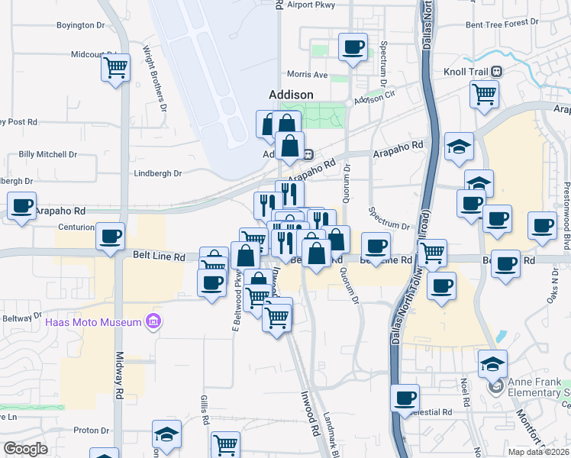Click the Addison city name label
pyautogui.click(x=291, y=94)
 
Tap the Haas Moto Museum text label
pyautogui.click(x=94, y=322)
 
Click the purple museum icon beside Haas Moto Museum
pyautogui.click(x=153, y=322)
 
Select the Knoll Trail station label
pyautogui.click(x=460, y=71)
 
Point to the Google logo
pyautogui.click(x=25, y=449)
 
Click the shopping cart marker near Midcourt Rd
pyautogui.click(x=115, y=68)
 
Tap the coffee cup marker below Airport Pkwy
pyautogui.click(x=353, y=47)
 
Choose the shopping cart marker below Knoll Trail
pyautogui.click(x=484, y=94)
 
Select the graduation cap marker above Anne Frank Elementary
pyautogui.click(x=492, y=363)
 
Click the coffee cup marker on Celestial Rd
pyautogui.click(x=405, y=397)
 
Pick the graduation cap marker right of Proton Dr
pyautogui.click(x=166, y=434)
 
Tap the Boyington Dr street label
pyautogui.click(x=80, y=25)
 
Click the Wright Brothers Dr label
pyautogui.click(x=154, y=79)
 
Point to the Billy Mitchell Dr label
pyautogui.click(x=48, y=154)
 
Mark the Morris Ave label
pyautogui.click(x=307, y=75)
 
